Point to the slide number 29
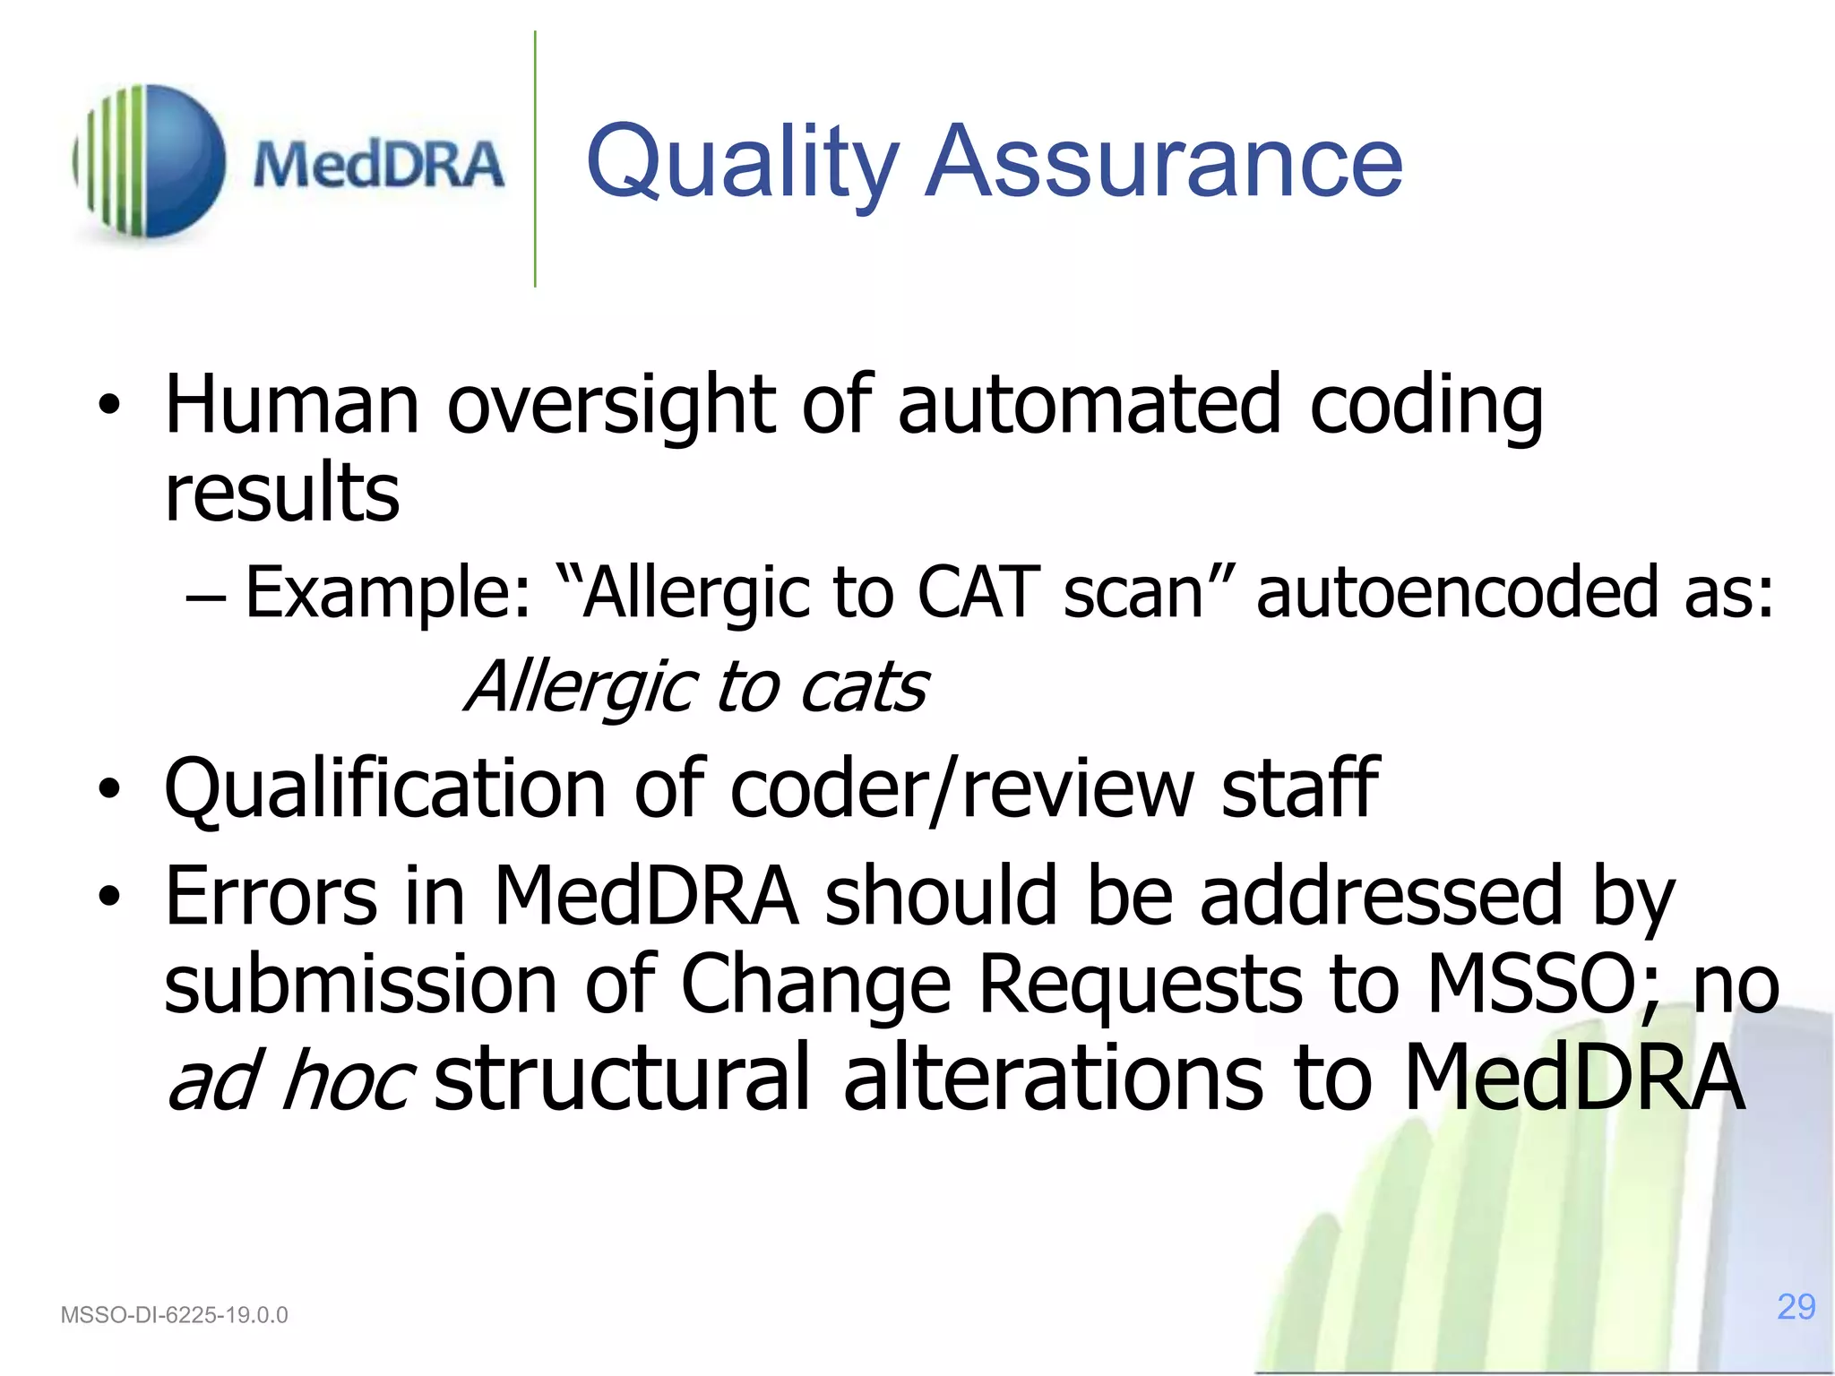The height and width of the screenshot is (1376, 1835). [x=1796, y=1307]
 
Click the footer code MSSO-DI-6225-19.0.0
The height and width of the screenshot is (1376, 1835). [x=174, y=1315]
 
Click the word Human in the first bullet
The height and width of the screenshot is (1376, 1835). [x=291, y=405]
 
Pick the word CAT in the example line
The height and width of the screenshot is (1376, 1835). [x=978, y=592]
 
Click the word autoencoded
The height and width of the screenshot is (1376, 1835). [x=1457, y=592]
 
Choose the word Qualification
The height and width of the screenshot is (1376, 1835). [x=385, y=788]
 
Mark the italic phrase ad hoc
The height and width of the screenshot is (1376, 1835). [x=289, y=1079]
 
